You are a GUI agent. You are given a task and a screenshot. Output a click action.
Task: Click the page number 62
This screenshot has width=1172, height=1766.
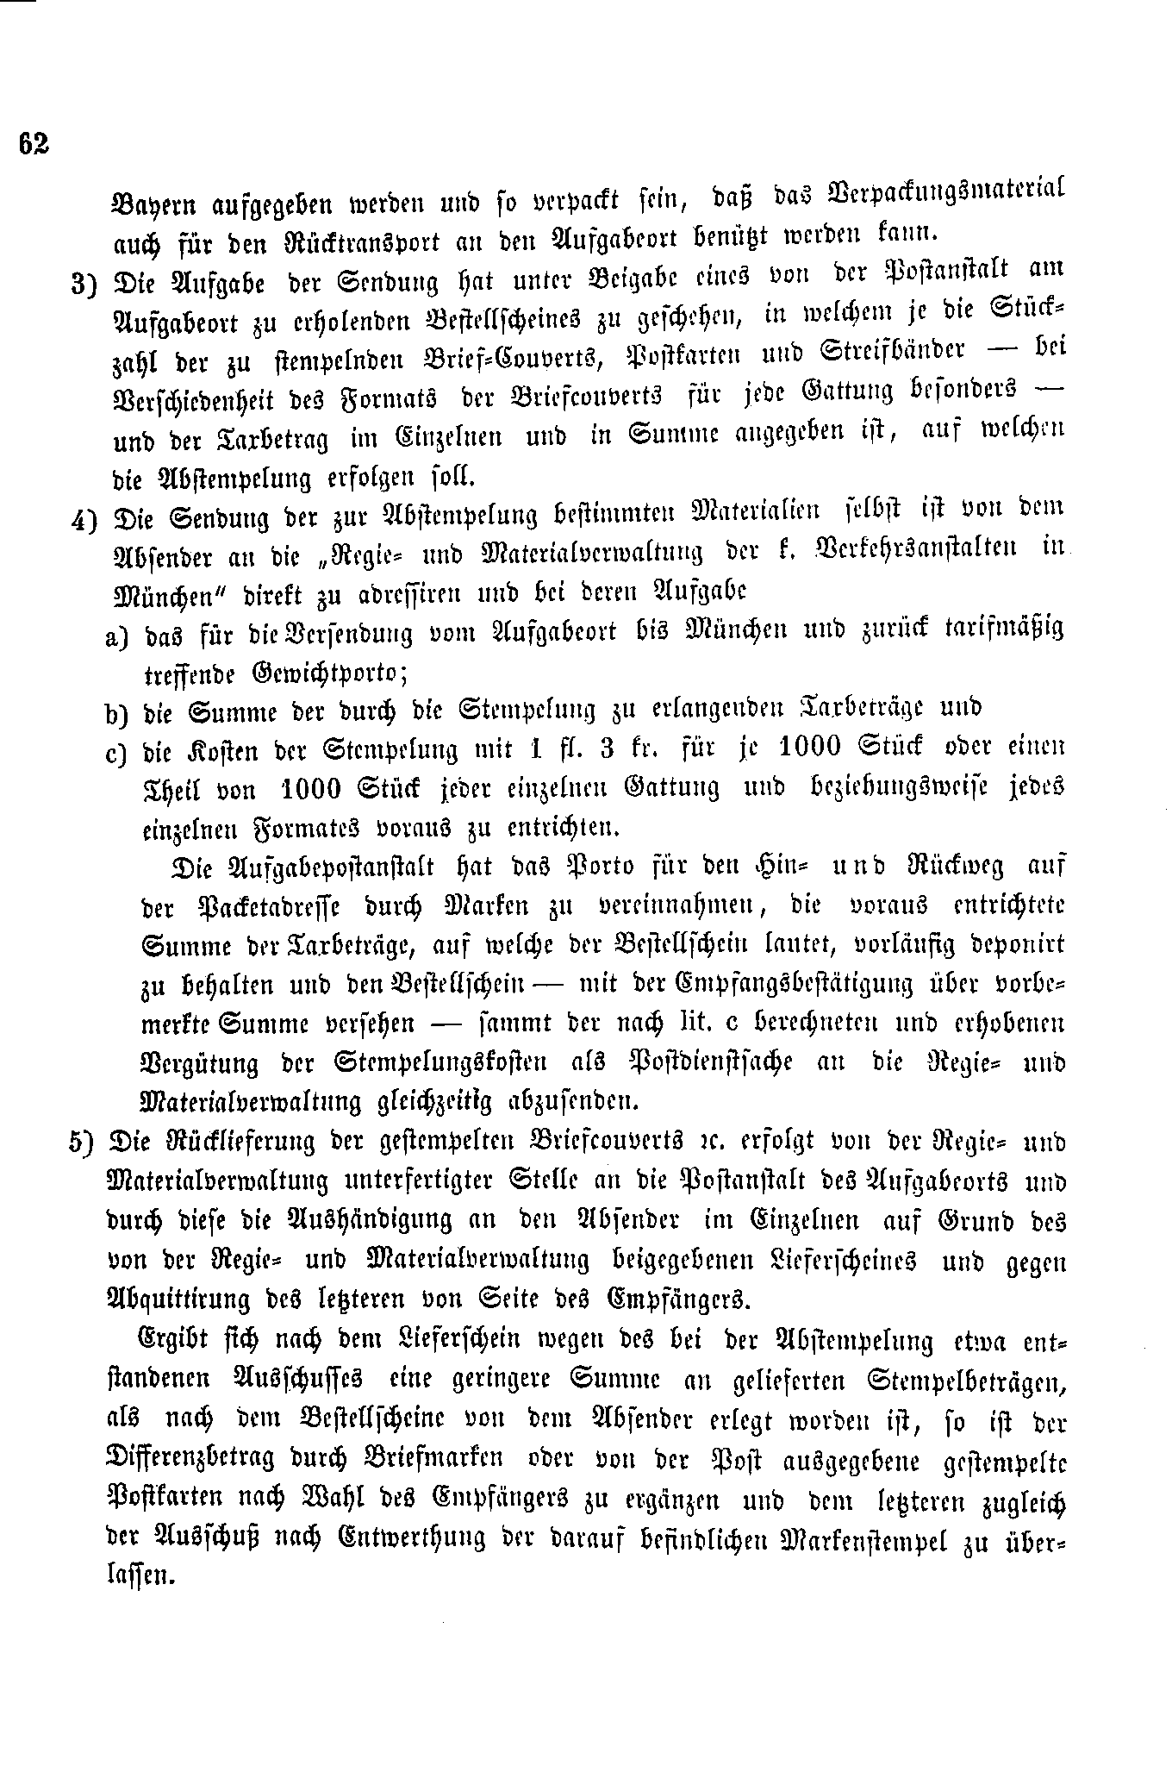tap(34, 144)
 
